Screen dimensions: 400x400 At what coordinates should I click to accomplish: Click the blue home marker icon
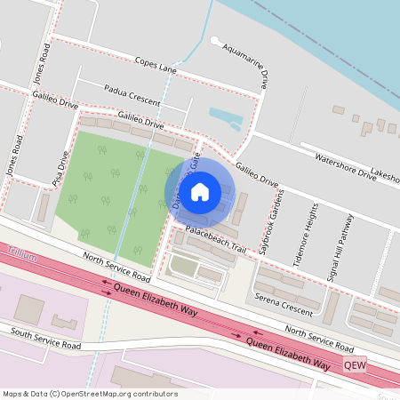coord(200,190)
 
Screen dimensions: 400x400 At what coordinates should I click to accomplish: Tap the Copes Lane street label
coord(156,65)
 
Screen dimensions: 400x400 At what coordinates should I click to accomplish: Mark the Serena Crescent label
coord(284,301)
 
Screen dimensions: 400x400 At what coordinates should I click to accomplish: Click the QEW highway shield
coord(355,364)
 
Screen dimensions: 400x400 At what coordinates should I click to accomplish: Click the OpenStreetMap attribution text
coord(89,393)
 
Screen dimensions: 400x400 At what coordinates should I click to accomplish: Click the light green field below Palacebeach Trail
coord(183,265)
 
